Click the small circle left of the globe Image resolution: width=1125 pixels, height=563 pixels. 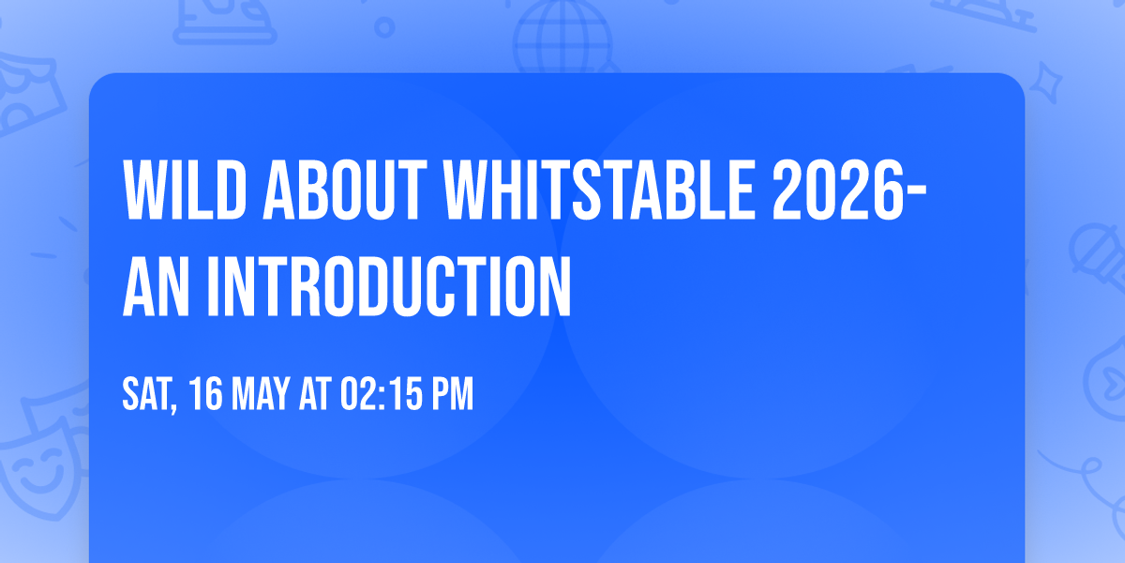(384, 28)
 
